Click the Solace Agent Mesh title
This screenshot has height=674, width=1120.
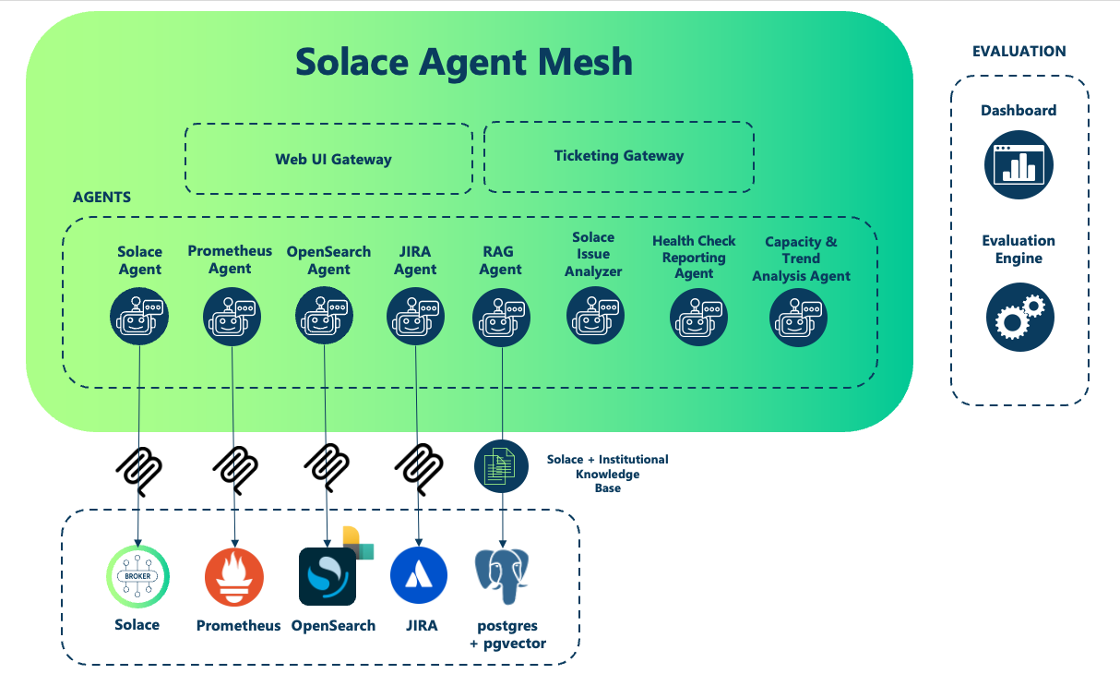(x=464, y=62)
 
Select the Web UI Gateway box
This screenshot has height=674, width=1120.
(x=333, y=159)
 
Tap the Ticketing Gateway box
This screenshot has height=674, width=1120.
(x=619, y=155)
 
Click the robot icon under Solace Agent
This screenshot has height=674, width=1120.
(x=139, y=317)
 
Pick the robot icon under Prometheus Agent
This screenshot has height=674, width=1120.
(x=232, y=317)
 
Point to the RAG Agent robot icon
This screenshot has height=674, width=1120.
(x=502, y=317)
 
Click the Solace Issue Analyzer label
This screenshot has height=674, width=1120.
(x=593, y=254)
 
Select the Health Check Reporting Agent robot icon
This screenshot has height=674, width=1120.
(x=698, y=317)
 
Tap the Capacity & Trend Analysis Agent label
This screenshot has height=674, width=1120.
(x=801, y=259)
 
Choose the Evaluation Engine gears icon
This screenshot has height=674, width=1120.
(x=1019, y=316)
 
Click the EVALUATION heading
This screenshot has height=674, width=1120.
(x=1019, y=52)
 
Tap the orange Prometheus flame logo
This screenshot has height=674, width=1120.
(x=233, y=577)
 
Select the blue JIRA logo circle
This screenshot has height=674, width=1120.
(x=419, y=574)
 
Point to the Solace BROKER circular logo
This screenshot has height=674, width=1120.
(x=137, y=576)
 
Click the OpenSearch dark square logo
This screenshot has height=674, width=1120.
(x=328, y=577)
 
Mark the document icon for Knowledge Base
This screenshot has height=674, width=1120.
(x=502, y=465)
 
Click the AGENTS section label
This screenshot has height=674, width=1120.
(x=101, y=198)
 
